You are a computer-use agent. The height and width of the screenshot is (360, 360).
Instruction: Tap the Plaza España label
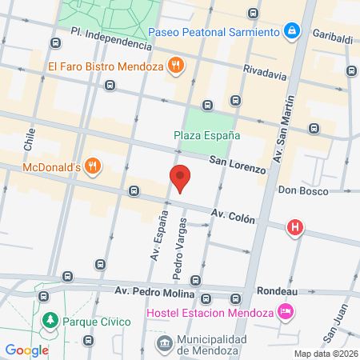pyautogui.click(x=207, y=135)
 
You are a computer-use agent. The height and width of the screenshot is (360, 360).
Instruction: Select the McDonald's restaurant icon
pyautogui.click(x=94, y=166)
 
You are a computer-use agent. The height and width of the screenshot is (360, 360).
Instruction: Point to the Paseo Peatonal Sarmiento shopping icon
pyautogui.click(x=292, y=32)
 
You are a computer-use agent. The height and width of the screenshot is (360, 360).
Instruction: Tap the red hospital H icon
pyautogui.click(x=295, y=228)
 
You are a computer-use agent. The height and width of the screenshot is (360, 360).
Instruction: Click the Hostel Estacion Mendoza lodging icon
pyautogui.click(x=284, y=310)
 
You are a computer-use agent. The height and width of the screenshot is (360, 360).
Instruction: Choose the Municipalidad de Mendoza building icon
pyautogui.click(x=164, y=343)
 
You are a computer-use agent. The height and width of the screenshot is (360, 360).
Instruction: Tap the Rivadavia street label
pyautogui.click(x=264, y=75)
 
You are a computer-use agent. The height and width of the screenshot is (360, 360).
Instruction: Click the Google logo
pyautogui.click(x=26, y=350)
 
